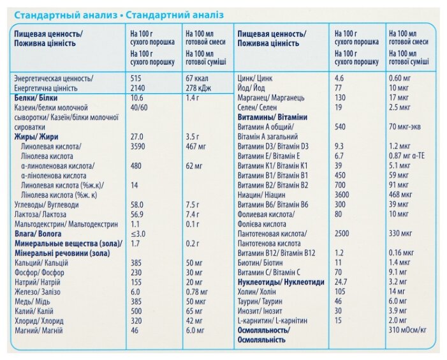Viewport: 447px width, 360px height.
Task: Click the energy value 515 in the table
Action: (x=136, y=78)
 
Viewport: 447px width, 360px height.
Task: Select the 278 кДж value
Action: (x=198, y=88)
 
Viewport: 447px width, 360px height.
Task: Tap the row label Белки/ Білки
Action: (x=36, y=98)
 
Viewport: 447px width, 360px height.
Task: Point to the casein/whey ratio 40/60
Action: (x=139, y=107)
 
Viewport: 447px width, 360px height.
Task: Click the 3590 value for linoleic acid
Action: (x=138, y=146)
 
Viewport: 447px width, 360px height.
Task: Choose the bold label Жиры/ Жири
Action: (x=36, y=137)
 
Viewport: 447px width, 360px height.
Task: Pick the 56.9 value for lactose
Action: (x=137, y=214)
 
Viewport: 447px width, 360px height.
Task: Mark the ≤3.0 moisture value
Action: (x=138, y=234)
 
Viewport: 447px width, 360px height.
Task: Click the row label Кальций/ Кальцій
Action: (x=41, y=263)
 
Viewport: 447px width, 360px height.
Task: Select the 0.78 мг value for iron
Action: (x=196, y=292)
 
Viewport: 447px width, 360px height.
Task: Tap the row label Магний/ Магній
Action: (x=38, y=331)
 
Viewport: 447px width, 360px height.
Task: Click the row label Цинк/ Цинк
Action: (x=255, y=78)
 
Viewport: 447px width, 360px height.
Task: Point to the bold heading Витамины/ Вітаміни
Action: (x=272, y=117)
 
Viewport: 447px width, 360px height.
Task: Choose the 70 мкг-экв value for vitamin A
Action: (x=405, y=126)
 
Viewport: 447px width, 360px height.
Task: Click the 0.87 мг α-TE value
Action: (x=407, y=156)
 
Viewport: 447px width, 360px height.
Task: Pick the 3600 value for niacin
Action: (x=342, y=195)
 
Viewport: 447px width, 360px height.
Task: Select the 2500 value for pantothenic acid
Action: (x=342, y=234)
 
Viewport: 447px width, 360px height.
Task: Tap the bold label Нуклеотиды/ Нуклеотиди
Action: (x=281, y=282)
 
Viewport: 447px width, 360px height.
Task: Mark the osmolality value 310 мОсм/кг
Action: (x=407, y=330)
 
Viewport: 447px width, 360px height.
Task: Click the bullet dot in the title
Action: (x=121, y=16)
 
